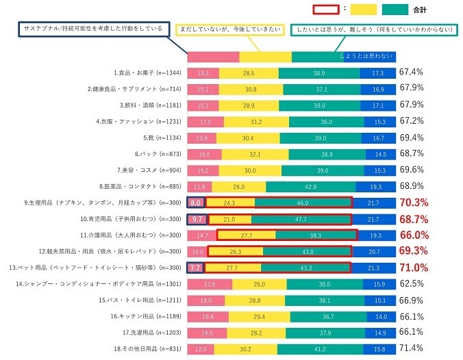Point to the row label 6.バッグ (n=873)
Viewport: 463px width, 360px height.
(145, 154)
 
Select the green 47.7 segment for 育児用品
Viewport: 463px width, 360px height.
(301, 219)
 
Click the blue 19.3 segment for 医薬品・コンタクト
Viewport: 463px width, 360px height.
(374, 186)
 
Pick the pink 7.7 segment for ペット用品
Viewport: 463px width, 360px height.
(195, 268)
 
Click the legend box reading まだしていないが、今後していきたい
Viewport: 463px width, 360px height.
(229, 29)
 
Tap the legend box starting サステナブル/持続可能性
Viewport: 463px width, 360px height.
(93, 29)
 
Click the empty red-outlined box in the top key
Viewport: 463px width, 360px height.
(326, 10)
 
